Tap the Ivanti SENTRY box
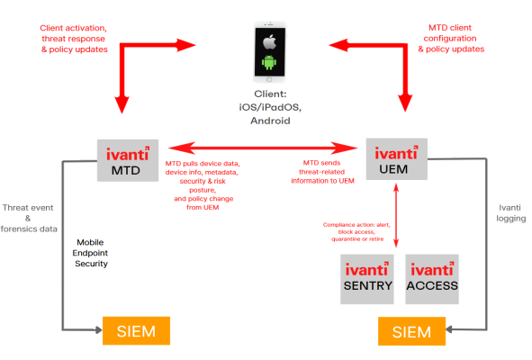[x=367, y=277]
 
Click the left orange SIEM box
[x=135, y=331]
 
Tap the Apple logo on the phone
[x=266, y=42]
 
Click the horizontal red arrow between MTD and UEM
[x=261, y=148]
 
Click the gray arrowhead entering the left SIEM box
[x=98, y=331]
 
